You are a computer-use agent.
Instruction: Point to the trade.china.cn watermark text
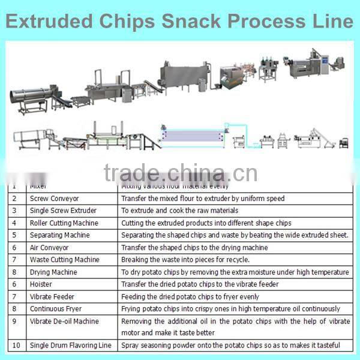(x=180, y=173)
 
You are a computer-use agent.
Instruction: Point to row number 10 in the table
(x=16, y=346)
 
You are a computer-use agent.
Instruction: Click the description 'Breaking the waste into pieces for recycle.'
(x=185, y=260)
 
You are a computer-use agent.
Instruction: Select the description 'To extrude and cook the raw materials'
(x=179, y=211)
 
